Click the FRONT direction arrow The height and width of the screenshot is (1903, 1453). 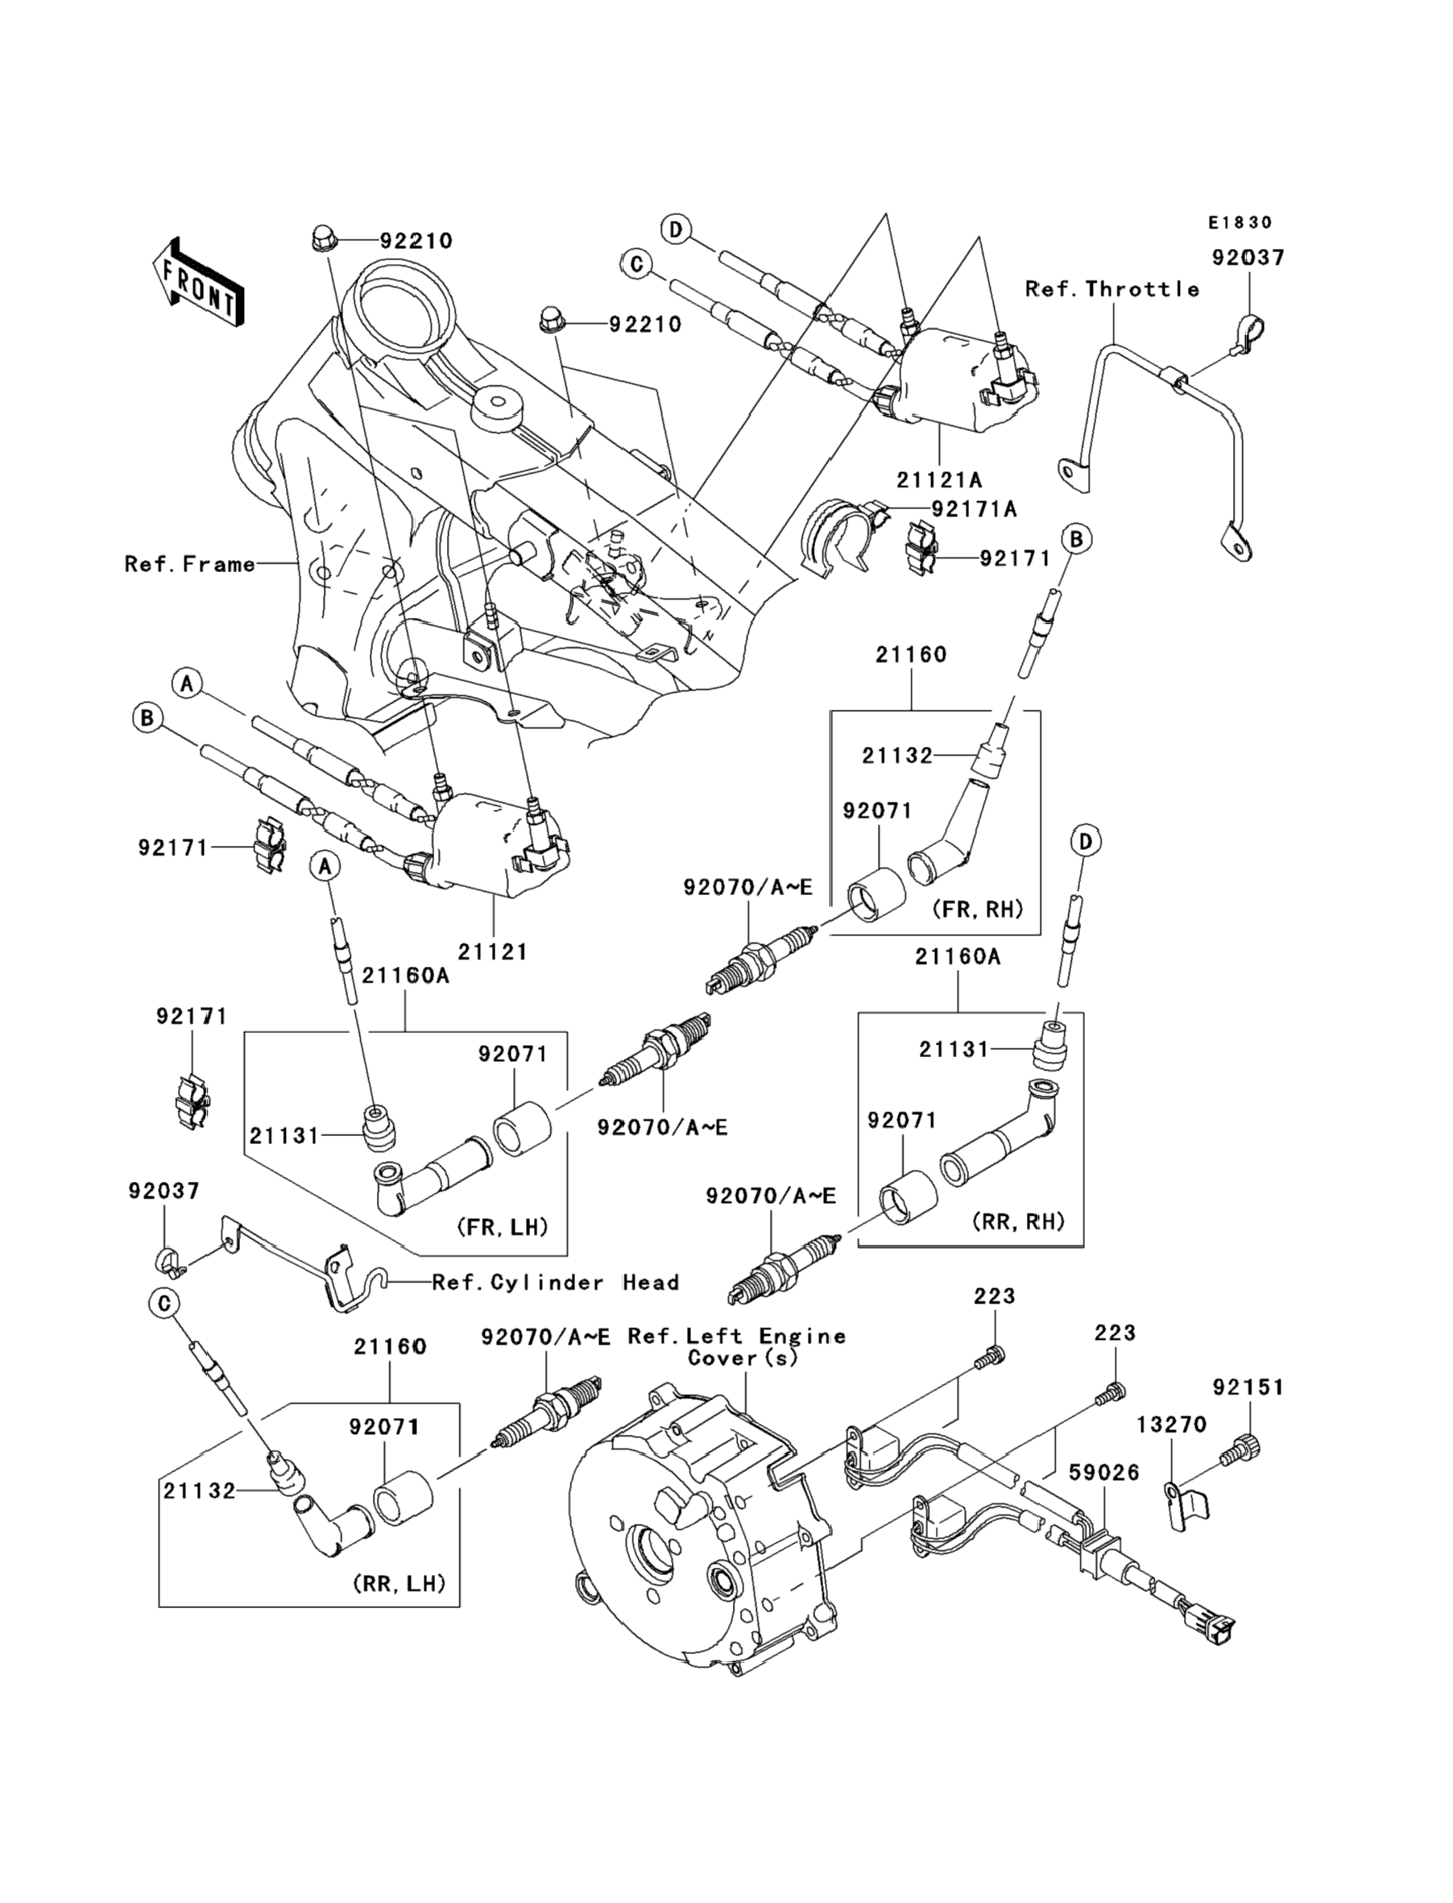click(x=198, y=283)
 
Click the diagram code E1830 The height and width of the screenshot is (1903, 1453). click(x=1240, y=223)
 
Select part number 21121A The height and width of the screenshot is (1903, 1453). click(x=938, y=479)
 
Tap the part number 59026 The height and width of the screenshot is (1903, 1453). click(x=1104, y=1472)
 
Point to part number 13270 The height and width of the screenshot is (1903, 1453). click(x=1171, y=1424)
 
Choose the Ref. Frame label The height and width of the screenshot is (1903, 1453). click(x=190, y=564)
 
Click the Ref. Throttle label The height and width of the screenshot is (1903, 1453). click(x=1112, y=289)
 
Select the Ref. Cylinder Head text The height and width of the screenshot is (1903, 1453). click(x=555, y=1282)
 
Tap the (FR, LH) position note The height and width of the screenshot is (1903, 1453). click(x=503, y=1226)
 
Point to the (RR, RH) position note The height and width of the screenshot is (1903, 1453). click(x=1018, y=1221)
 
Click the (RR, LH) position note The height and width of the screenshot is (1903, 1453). click(x=399, y=1583)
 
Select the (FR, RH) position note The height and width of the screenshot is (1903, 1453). click(x=977, y=909)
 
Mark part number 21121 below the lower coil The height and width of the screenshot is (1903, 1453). click(x=492, y=952)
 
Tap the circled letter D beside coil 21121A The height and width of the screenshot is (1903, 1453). click(x=676, y=230)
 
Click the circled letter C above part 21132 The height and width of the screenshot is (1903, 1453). click(x=164, y=1304)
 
